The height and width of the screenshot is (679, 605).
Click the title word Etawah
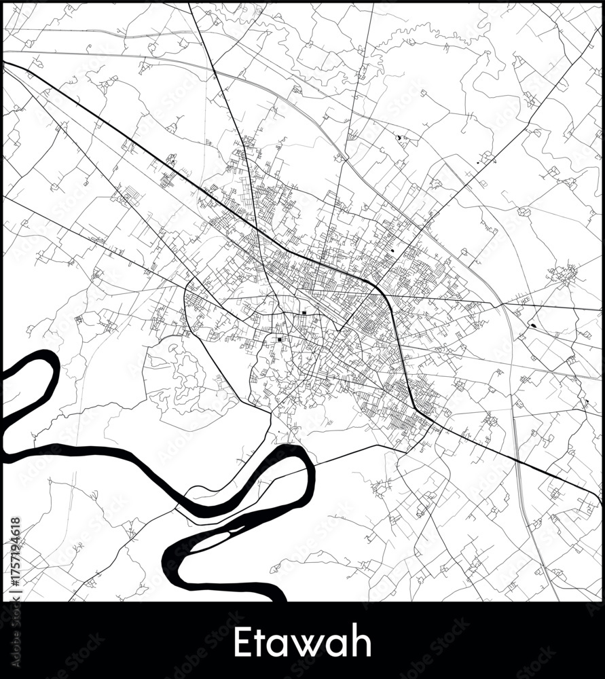[302, 642]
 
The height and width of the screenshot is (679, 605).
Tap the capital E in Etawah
[241, 642]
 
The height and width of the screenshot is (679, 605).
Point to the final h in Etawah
[363, 642]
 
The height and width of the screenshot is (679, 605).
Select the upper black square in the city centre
[304, 313]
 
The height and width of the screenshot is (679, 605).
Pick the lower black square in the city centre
[279, 339]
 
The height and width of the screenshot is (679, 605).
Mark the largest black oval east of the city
[533, 325]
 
